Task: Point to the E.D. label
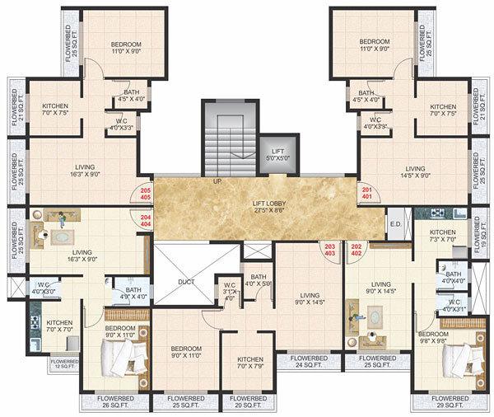coord(394,223)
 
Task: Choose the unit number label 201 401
coord(366,194)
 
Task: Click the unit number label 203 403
coord(331,249)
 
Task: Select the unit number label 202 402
coord(357,249)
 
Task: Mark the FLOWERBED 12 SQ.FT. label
coord(64,363)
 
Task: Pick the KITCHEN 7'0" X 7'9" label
coord(249,363)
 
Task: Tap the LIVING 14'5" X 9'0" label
coord(413,171)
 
